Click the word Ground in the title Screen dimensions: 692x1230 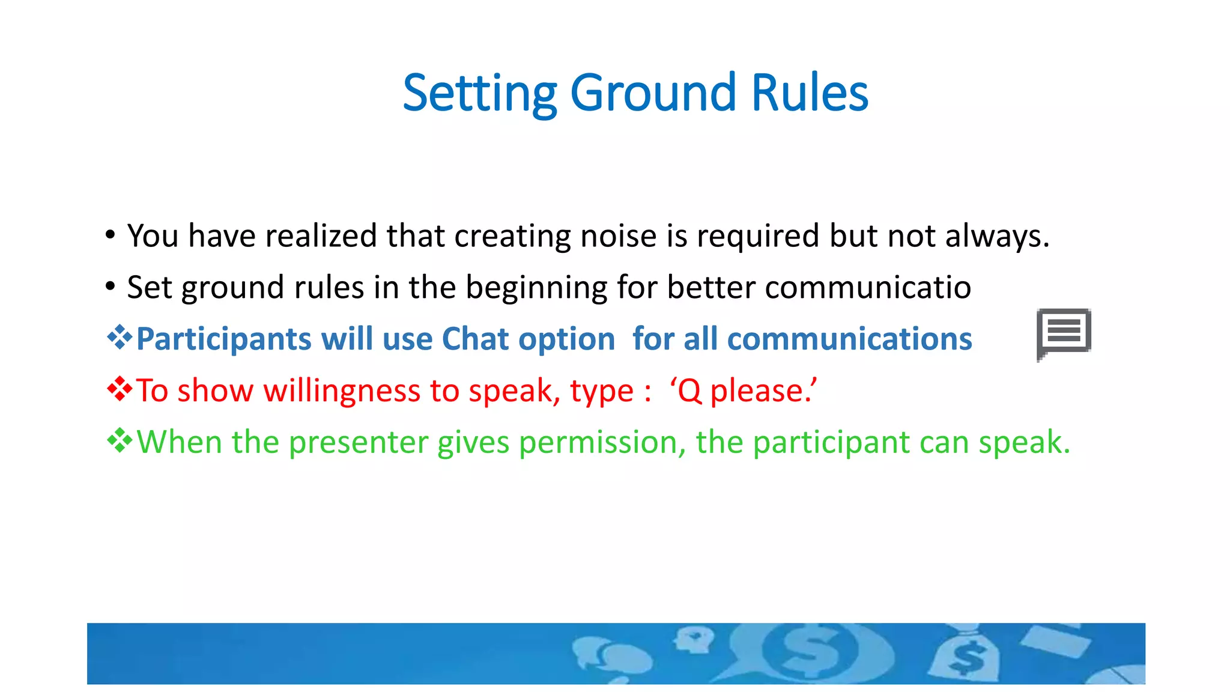point(652,93)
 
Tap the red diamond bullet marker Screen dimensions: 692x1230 point(120,389)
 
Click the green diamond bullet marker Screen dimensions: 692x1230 point(120,440)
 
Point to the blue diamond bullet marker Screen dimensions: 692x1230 point(120,337)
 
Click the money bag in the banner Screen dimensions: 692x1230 point(964,656)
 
